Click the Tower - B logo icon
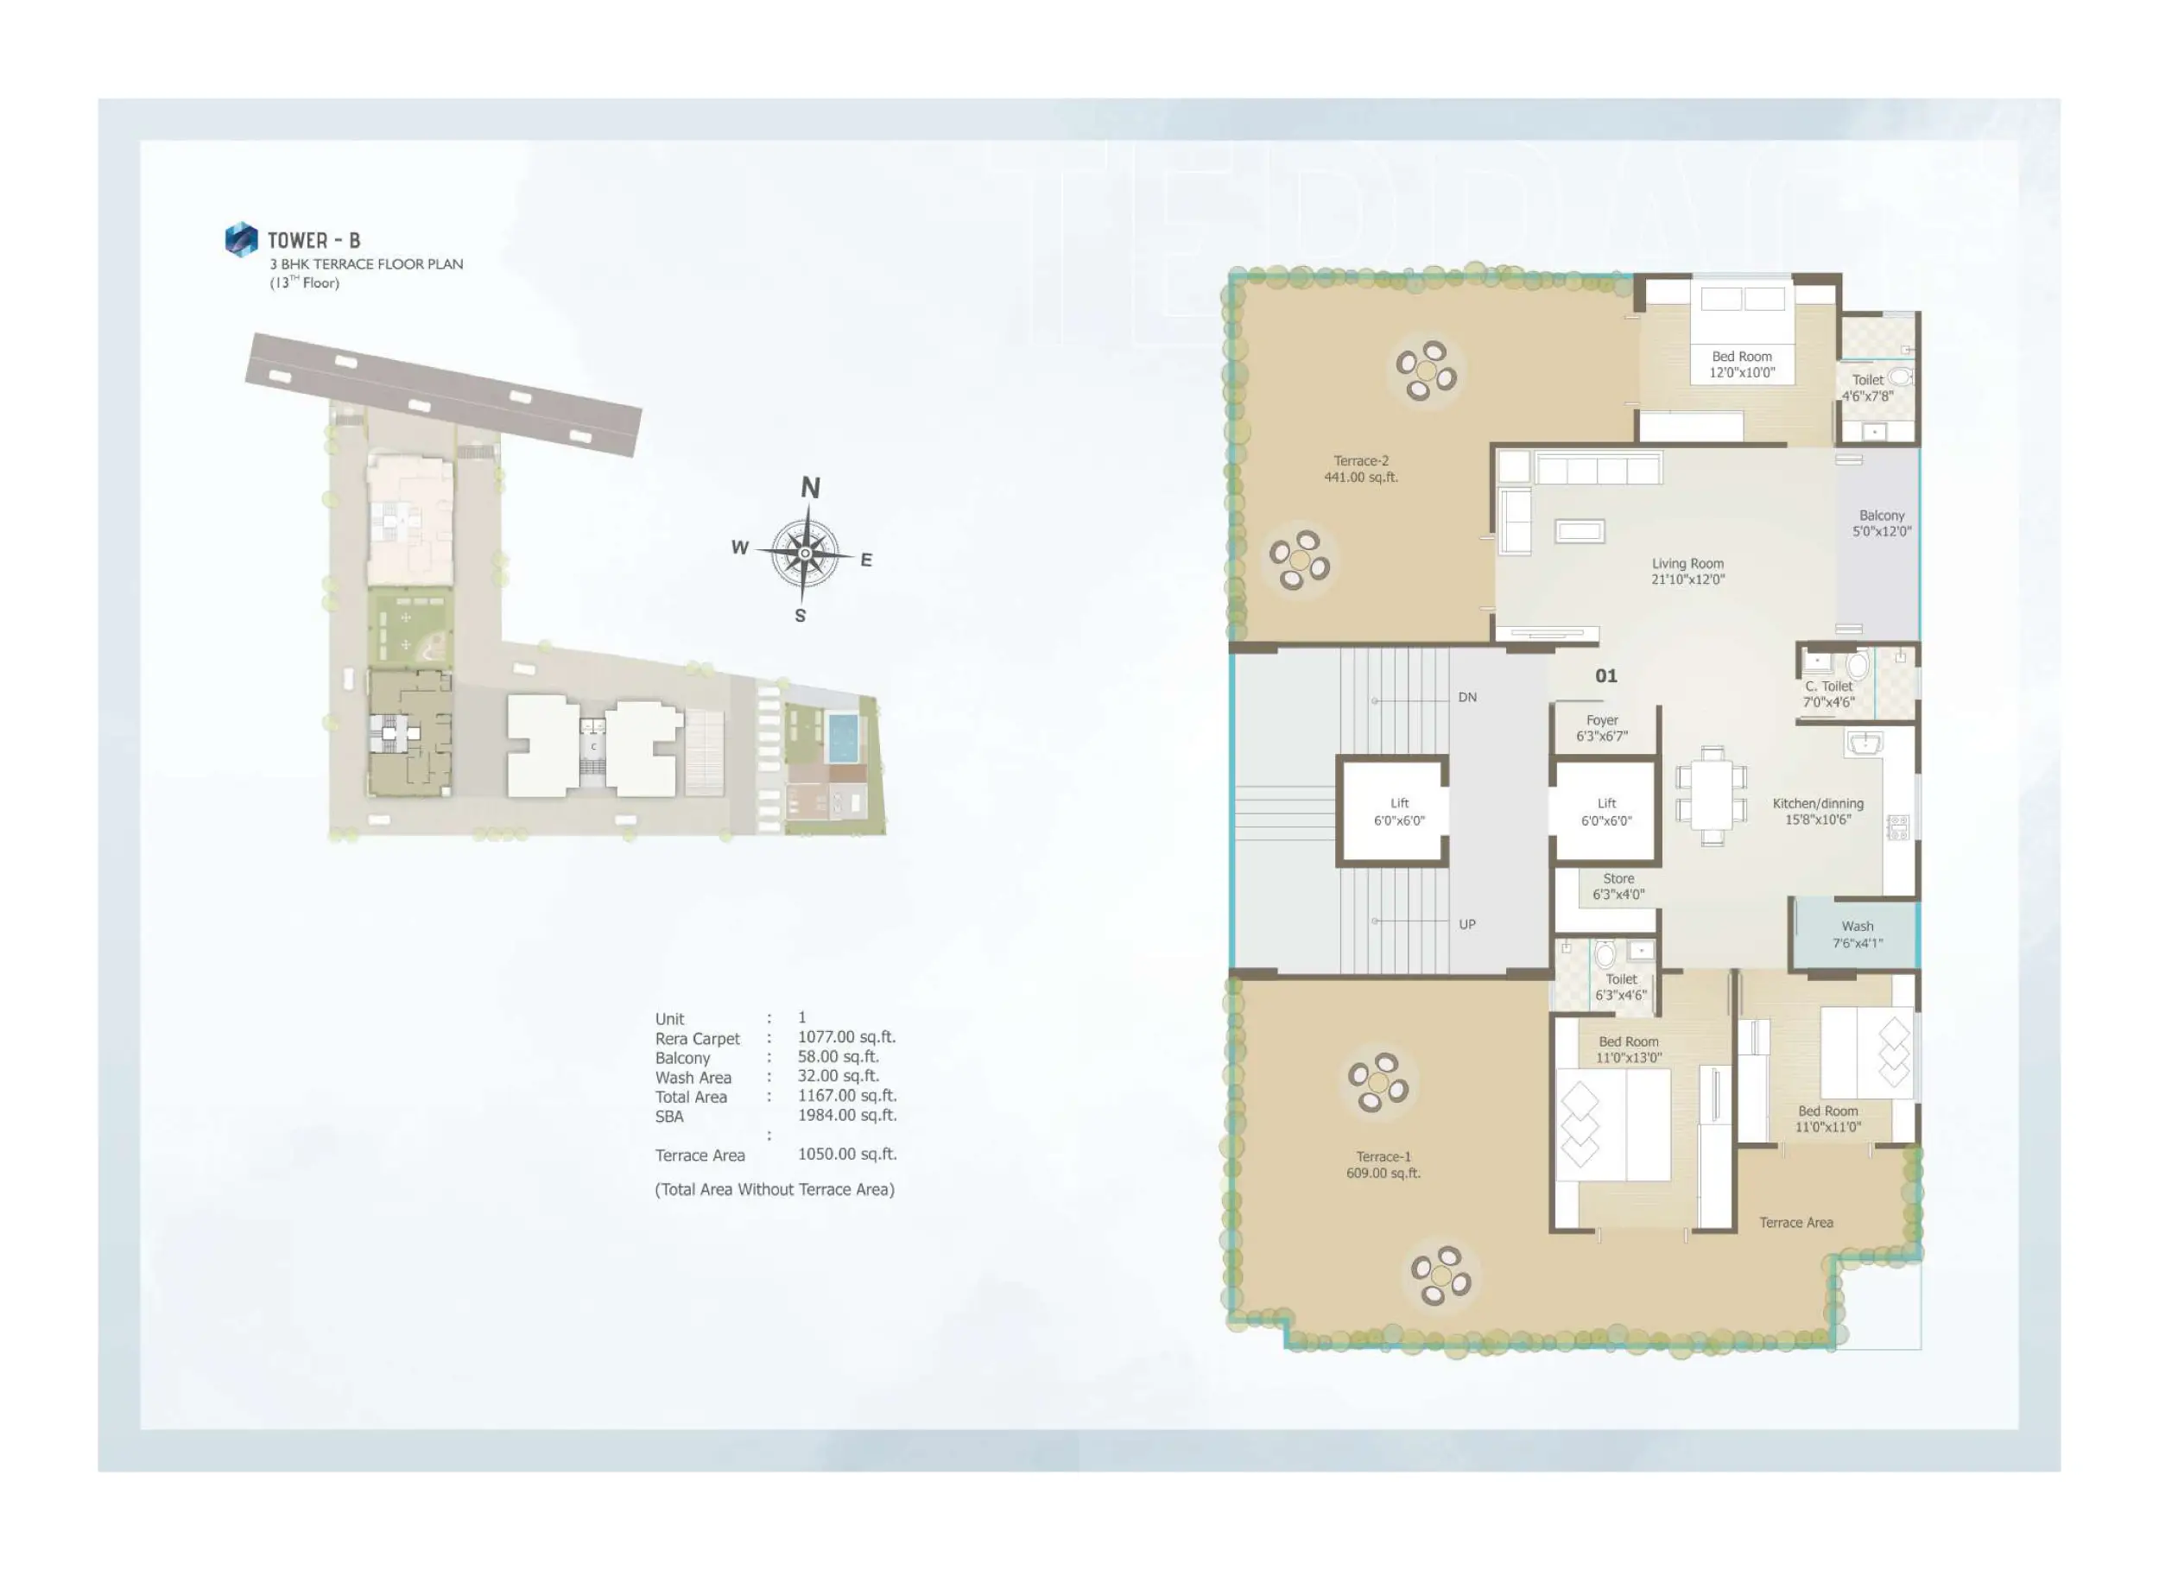click(241, 239)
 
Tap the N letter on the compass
click(810, 487)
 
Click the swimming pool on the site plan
click(843, 738)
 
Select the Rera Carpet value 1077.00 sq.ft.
click(846, 1037)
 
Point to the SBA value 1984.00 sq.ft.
click(846, 1115)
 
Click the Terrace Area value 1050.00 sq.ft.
click(847, 1154)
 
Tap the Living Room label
click(1687, 571)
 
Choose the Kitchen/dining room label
click(1818, 811)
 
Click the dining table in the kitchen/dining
click(1713, 796)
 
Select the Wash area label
click(1858, 934)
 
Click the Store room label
click(1618, 886)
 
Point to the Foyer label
click(1602, 728)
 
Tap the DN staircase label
click(1467, 697)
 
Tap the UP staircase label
click(1467, 923)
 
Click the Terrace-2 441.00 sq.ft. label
click(1361, 468)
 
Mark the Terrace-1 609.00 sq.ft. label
click(1383, 1164)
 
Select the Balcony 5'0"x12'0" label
click(1882, 522)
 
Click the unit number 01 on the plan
click(1606, 676)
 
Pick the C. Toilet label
click(1829, 694)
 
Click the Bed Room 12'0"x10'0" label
click(1742, 364)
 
